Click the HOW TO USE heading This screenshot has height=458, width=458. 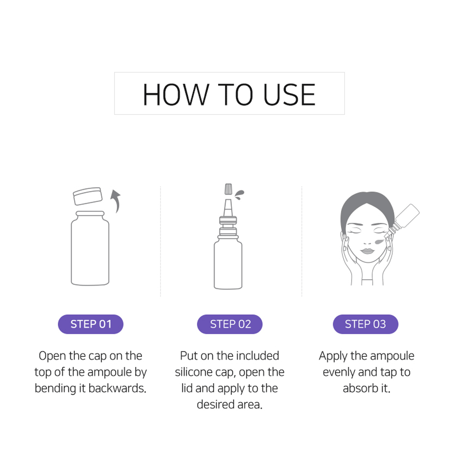click(229, 95)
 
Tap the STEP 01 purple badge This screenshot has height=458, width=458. click(90, 324)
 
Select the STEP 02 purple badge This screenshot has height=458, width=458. click(229, 324)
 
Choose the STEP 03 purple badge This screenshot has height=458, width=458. click(366, 324)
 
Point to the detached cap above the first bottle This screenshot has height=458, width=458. click(87, 196)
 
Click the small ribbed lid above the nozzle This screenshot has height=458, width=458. click(229, 189)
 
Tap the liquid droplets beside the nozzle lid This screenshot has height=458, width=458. click(239, 194)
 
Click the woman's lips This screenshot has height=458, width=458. click(367, 251)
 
